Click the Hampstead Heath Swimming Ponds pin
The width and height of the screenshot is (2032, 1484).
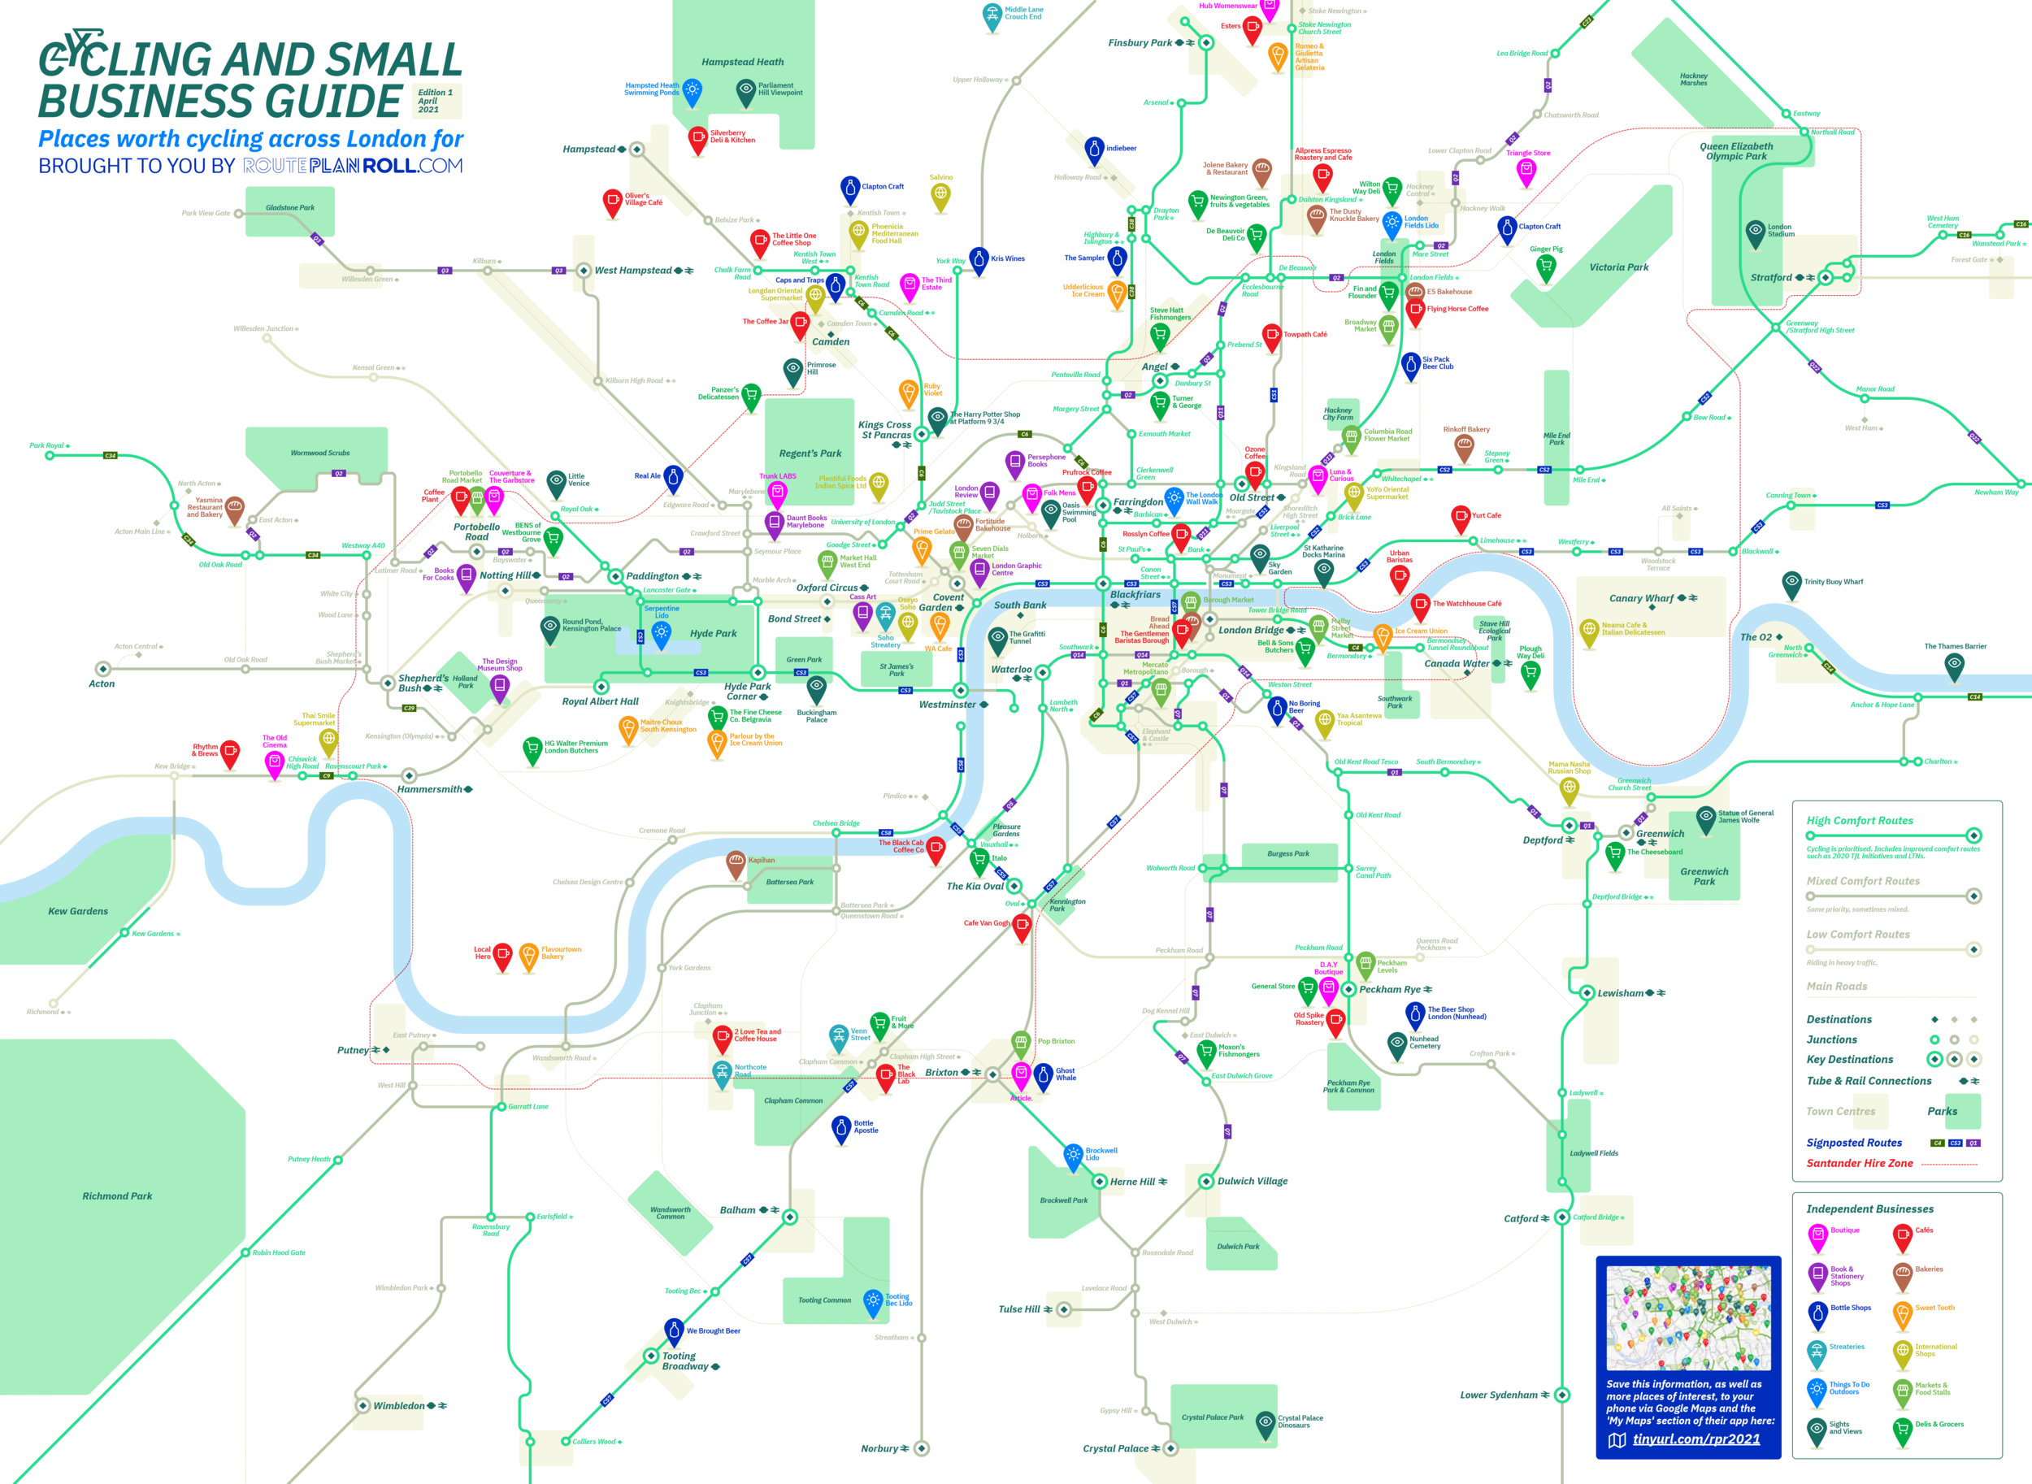point(692,90)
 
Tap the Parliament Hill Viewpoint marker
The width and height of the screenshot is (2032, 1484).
point(745,90)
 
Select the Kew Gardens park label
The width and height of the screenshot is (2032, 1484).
point(77,911)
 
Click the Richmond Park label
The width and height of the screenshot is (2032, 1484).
point(117,1196)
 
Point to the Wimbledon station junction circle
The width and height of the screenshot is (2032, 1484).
point(363,1406)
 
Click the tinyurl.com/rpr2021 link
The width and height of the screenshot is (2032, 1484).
point(1696,1439)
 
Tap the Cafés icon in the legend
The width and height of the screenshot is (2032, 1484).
point(1902,1237)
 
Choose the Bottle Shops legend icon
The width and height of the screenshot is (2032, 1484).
point(1817,1313)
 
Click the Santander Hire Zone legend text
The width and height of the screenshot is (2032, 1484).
point(1860,1163)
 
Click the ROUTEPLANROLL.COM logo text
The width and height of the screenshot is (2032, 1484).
point(353,166)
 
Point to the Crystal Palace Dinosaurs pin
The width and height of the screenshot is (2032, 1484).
point(1266,1422)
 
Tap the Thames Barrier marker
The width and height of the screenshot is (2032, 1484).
point(1954,665)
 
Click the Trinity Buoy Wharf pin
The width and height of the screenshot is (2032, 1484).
point(1791,583)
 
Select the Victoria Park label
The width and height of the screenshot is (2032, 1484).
point(1619,267)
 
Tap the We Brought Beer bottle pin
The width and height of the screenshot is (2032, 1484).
point(674,1330)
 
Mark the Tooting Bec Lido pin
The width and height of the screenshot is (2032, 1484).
point(872,1301)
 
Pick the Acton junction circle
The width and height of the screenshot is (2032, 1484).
point(103,669)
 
